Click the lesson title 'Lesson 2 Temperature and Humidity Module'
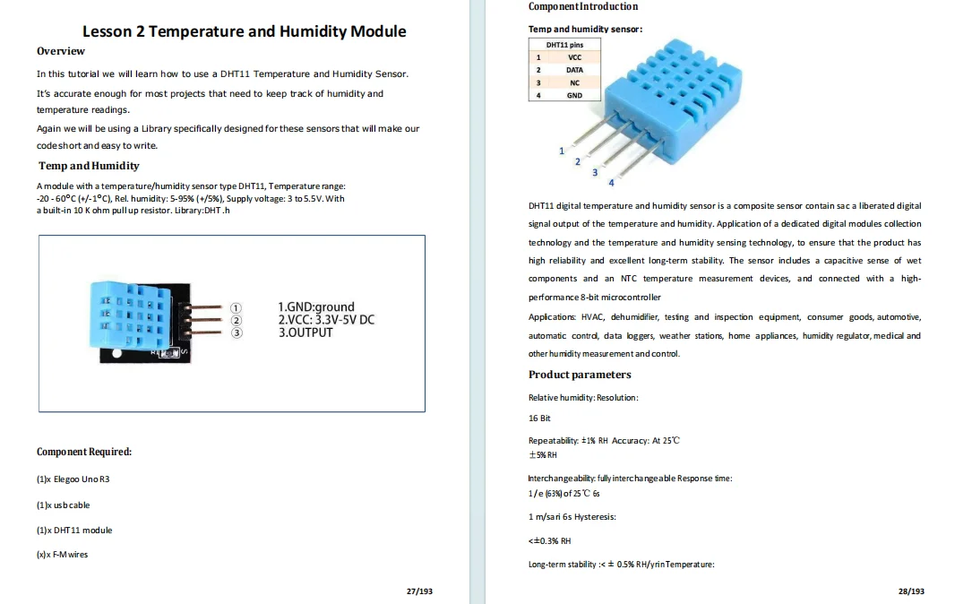[x=244, y=31]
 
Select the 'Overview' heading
[x=61, y=51]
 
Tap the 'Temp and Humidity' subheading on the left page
[x=89, y=166]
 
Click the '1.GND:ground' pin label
[x=316, y=306]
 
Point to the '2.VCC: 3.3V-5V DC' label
[x=326, y=319]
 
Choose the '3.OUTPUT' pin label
[x=305, y=332]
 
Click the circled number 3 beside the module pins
[x=237, y=333]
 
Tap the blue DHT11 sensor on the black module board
[x=131, y=317]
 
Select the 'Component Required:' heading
[x=84, y=452]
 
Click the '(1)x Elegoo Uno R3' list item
[x=73, y=479]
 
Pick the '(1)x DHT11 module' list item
[x=74, y=530]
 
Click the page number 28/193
[x=911, y=591]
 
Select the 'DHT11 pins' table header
[x=564, y=44]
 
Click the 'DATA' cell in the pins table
[x=574, y=70]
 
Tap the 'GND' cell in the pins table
[x=574, y=95]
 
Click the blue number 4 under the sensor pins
[x=611, y=183]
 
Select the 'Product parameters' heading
[x=580, y=375]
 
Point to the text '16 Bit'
[x=539, y=418]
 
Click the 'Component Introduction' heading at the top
[x=583, y=6]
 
